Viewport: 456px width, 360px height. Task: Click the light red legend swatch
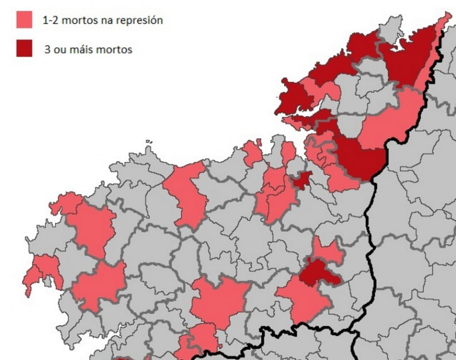pyautogui.click(x=24, y=20)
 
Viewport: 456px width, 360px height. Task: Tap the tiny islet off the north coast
pyautogui.click(x=148, y=143)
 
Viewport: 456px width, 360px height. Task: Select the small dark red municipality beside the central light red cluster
pyautogui.click(x=301, y=179)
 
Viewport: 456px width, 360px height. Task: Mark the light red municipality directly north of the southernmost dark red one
pyautogui.click(x=328, y=252)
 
